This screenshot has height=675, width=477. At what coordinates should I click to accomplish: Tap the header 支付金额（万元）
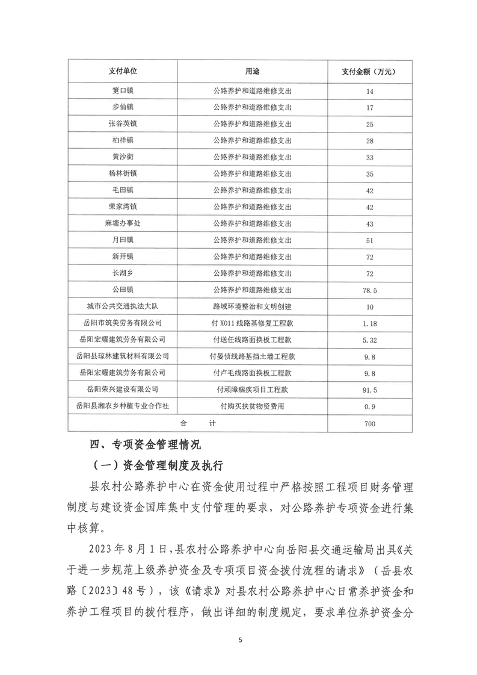(369, 72)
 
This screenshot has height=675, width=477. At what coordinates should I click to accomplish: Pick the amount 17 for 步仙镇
(369, 108)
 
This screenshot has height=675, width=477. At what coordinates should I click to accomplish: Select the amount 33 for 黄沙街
(369, 157)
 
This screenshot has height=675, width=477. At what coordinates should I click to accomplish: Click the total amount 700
(369, 424)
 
